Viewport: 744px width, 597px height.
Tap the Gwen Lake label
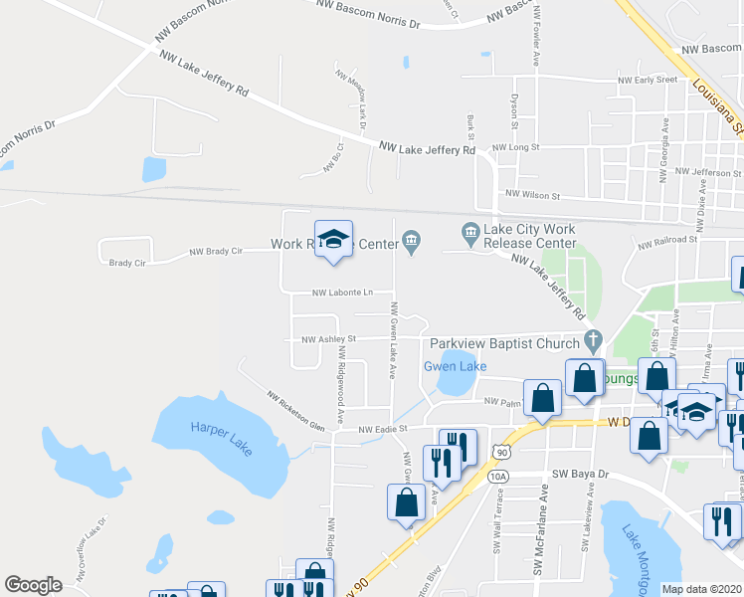point(456,366)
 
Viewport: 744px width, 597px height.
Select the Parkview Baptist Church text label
point(503,344)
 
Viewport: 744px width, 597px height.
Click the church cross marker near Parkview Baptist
point(593,340)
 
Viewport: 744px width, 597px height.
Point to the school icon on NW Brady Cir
point(334,240)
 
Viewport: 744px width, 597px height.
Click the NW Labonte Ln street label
point(342,293)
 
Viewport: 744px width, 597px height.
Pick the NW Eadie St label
point(385,430)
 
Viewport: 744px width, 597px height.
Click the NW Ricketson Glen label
point(295,410)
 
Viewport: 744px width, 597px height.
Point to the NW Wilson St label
point(533,195)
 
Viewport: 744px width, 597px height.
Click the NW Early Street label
point(648,80)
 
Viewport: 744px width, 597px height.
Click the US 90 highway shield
point(505,453)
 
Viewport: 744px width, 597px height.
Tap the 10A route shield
point(498,478)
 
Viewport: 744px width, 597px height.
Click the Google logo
point(34,585)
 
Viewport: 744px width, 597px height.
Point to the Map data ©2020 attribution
point(701,589)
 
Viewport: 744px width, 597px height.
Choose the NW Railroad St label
point(668,240)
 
